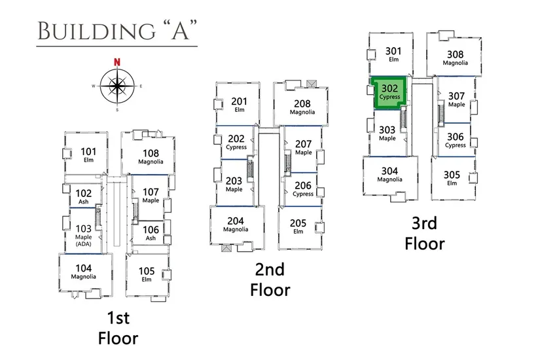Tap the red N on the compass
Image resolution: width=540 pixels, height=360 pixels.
point(117,62)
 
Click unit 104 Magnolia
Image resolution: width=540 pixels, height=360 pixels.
point(84,271)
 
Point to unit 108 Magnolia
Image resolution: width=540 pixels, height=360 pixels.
point(151,156)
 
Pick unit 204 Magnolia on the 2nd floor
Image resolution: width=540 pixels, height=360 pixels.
point(236,224)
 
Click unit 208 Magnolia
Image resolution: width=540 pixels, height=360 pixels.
point(302,107)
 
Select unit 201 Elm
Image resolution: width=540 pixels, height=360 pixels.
point(239,104)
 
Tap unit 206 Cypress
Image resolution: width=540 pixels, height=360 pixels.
point(302,189)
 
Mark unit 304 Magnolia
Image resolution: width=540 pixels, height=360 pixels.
point(389,175)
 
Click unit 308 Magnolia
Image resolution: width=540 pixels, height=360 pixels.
point(455,58)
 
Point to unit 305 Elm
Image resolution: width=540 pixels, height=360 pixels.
point(451,177)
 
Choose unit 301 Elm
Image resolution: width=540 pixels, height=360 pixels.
point(393,54)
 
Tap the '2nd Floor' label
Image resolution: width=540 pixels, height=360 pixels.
point(270,279)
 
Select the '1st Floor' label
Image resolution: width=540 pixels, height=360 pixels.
point(118,329)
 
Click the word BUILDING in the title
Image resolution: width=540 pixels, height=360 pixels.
point(81,30)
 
